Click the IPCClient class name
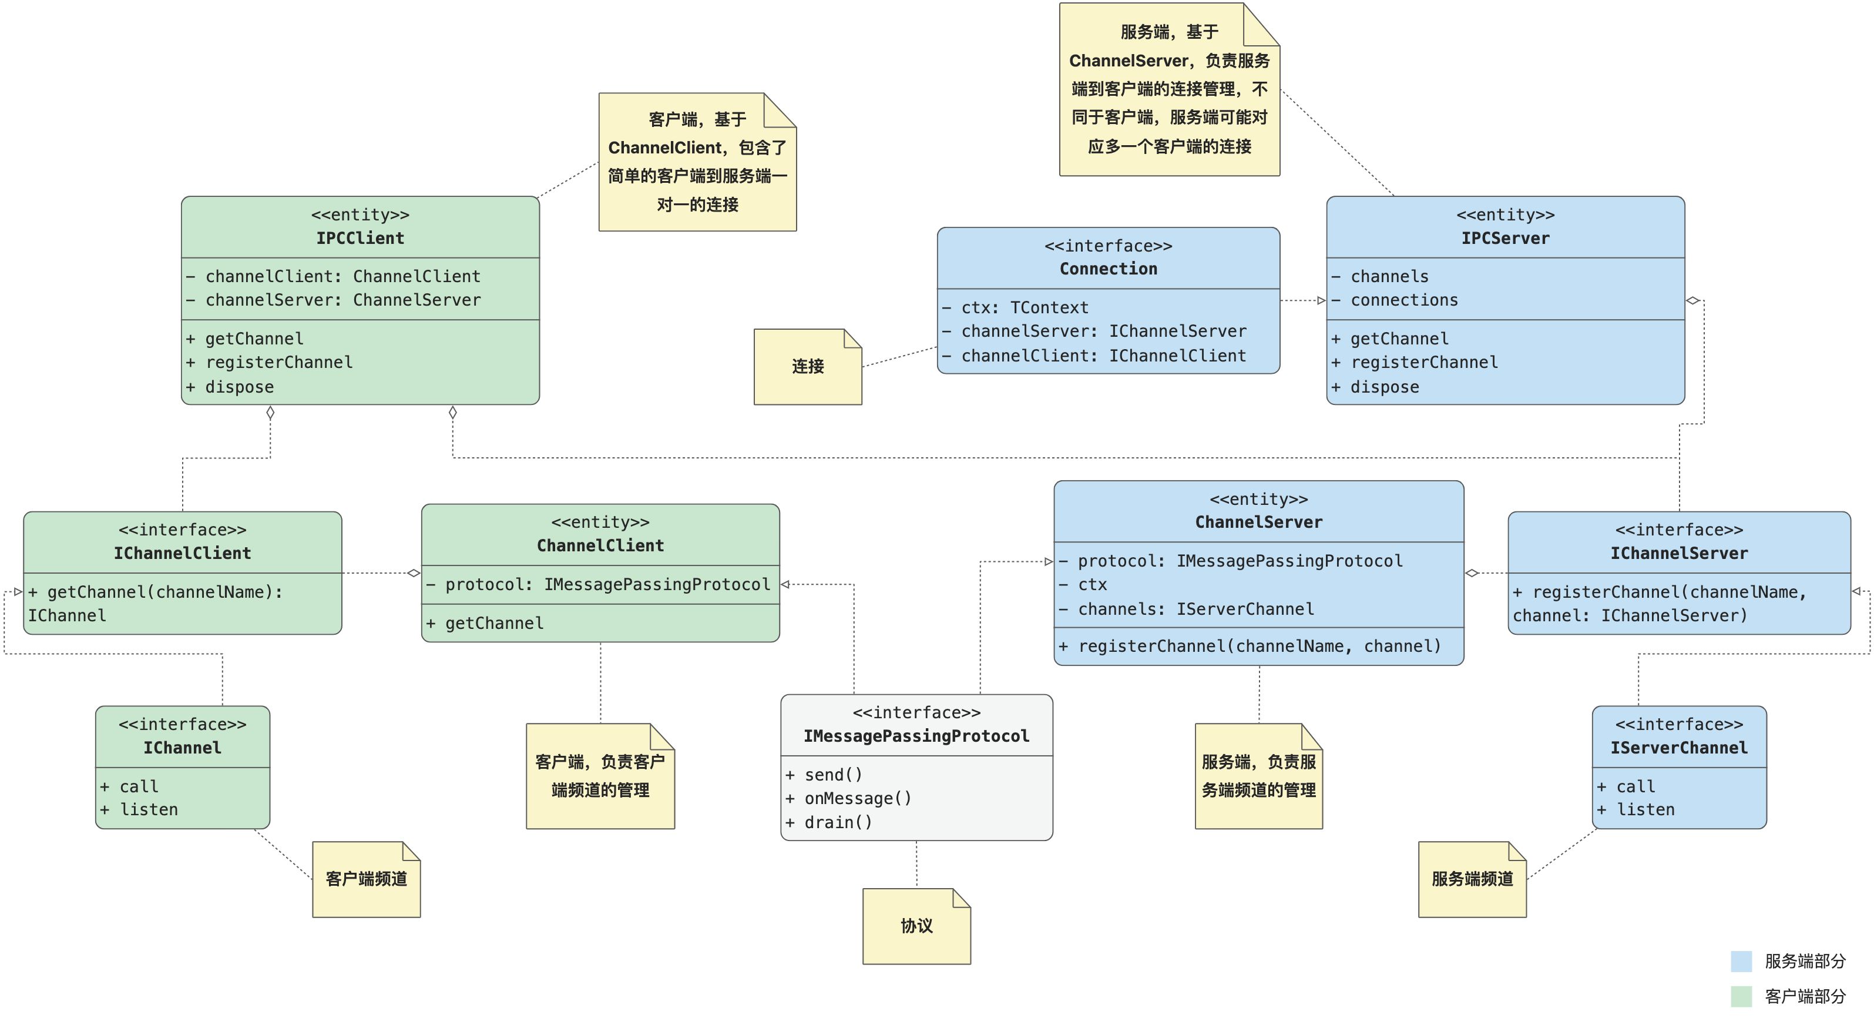(x=360, y=238)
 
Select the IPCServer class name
(x=1504, y=238)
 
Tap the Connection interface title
(x=1107, y=269)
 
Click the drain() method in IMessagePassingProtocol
(x=838, y=822)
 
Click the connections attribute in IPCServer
(x=1403, y=300)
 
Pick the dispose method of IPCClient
(x=239, y=387)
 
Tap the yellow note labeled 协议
(x=916, y=926)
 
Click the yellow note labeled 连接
(x=808, y=367)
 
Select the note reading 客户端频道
(x=366, y=879)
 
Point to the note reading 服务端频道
(x=1472, y=879)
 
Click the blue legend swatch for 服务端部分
(x=1741, y=961)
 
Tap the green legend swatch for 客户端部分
(x=1741, y=996)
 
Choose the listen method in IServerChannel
(x=1644, y=810)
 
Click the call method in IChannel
(x=138, y=786)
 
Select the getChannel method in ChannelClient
(x=493, y=623)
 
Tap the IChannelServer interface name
(x=1678, y=553)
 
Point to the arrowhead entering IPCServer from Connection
(x=1321, y=300)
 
